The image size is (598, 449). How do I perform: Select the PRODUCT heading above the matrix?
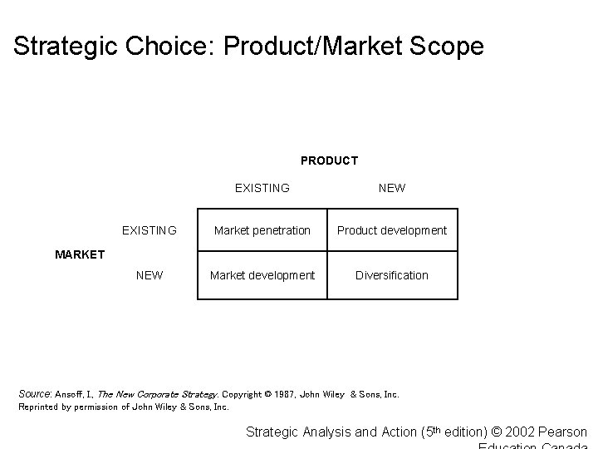click(329, 160)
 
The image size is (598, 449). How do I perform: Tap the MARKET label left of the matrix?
click(80, 254)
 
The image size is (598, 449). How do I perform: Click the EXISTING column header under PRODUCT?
click(262, 188)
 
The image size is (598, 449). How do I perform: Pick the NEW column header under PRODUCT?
click(392, 188)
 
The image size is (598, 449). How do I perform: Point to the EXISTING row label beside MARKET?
click(149, 230)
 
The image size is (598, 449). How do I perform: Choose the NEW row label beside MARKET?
click(149, 275)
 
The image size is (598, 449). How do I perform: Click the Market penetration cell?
click(262, 230)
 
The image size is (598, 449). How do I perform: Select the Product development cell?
click(392, 230)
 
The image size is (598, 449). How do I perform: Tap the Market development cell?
click(262, 275)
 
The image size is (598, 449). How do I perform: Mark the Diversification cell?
click(392, 275)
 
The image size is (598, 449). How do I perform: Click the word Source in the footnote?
click(35, 394)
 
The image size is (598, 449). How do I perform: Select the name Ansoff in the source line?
click(70, 394)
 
